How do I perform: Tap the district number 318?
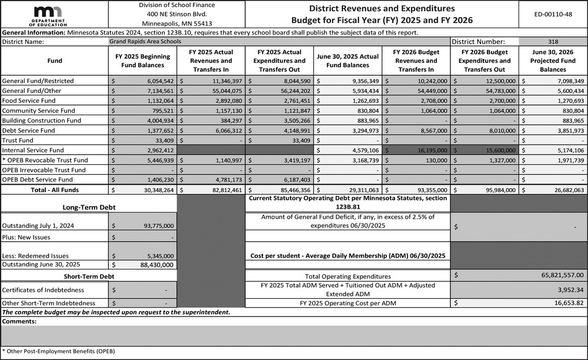coord(553,42)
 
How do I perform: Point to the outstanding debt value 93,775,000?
coord(154,226)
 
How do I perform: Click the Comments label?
coord(19,322)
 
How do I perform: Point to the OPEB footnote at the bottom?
coord(58,351)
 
